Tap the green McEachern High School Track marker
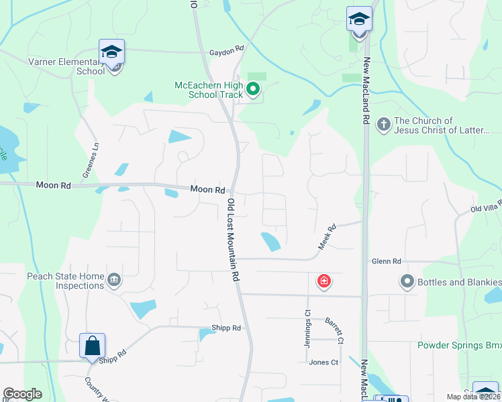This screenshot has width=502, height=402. (x=253, y=88)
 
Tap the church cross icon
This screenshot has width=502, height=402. (x=383, y=124)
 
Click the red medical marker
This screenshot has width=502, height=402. (x=323, y=281)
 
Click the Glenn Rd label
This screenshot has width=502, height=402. (x=386, y=261)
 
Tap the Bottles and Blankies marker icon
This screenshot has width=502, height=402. (x=406, y=281)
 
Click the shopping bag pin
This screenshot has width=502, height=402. (x=92, y=346)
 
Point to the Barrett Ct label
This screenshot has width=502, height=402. (x=334, y=332)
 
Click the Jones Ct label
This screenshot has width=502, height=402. (x=323, y=362)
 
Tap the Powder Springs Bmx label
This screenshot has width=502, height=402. (x=459, y=346)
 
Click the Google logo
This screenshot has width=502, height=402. (x=23, y=394)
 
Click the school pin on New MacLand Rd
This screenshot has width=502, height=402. (x=359, y=19)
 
